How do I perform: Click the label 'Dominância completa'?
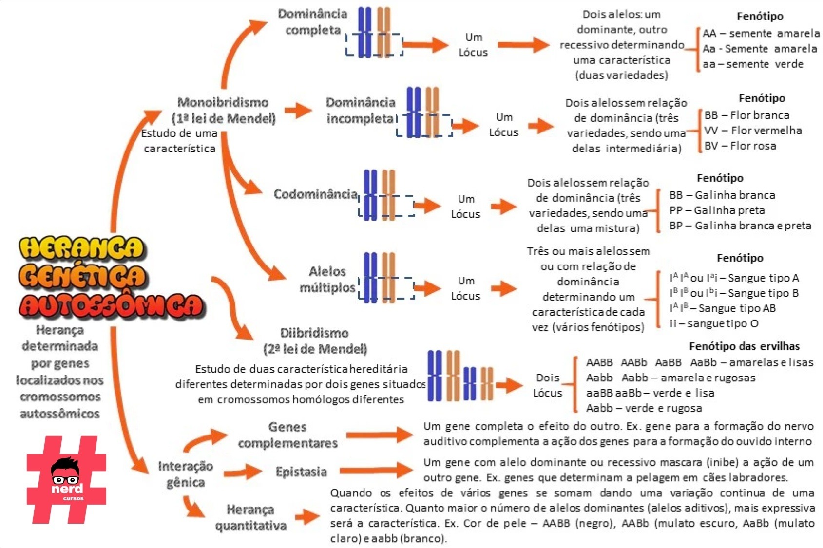click(312, 22)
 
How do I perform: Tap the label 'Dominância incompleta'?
click(361, 110)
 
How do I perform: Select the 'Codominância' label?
click(315, 194)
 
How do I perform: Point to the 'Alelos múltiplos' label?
click(327, 279)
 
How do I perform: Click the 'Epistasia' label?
click(301, 472)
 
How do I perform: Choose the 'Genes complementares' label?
click(287, 435)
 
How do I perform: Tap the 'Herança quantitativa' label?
click(250, 517)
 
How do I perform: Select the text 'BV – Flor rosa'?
click(740, 146)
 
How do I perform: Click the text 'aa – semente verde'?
click(752, 64)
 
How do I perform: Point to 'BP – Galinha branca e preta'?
click(740, 226)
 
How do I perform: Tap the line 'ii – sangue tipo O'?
click(713, 323)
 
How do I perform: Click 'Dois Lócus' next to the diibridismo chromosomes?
click(547, 385)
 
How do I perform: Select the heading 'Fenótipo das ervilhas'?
click(744, 346)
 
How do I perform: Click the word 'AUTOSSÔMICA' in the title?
click(112, 305)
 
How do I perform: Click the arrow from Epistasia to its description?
click(377, 471)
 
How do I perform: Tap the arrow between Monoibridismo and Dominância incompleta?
click(298, 110)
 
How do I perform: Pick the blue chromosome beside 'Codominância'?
click(370, 195)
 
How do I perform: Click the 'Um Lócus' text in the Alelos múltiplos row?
click(465, 288)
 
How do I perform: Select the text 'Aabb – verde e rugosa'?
click(644, 408)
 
